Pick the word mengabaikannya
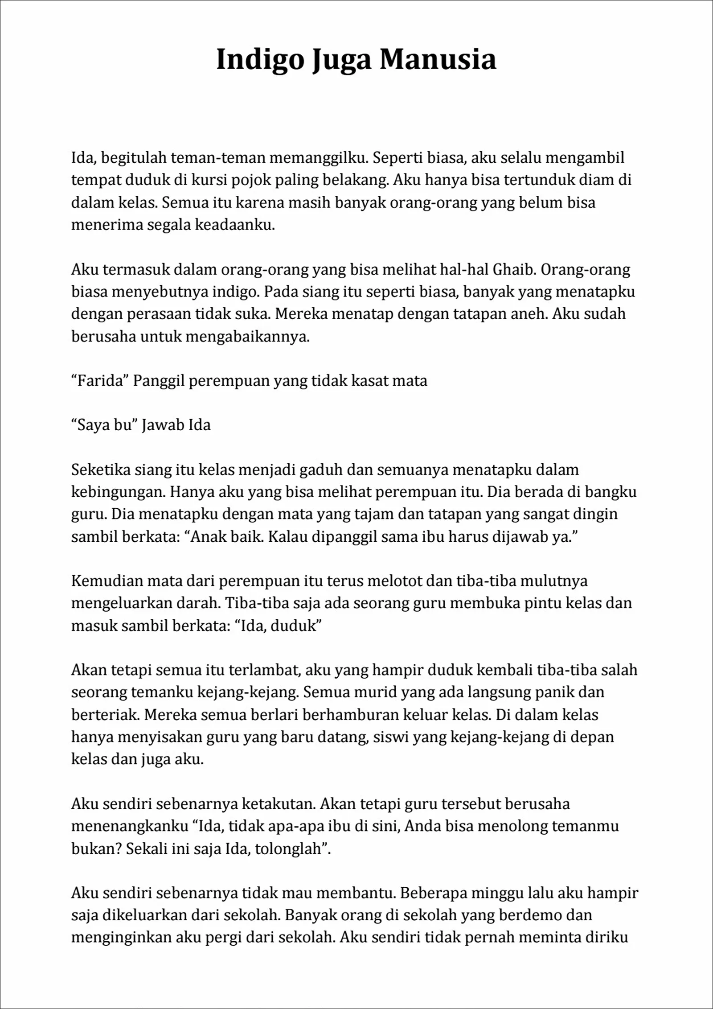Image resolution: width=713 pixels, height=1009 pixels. tap(247, 337)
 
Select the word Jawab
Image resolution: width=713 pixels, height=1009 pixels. tap(163, 425)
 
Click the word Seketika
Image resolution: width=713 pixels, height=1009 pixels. tap(100, 469)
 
